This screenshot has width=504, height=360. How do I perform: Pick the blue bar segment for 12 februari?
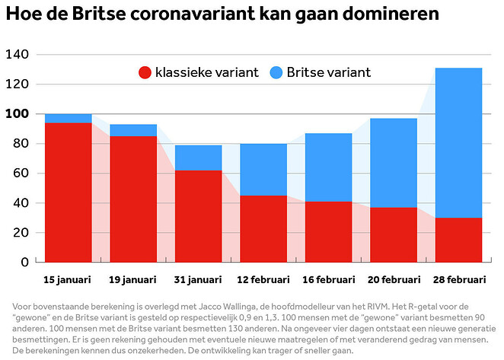[263, 170]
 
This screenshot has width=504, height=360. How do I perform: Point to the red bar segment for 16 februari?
[329, 231]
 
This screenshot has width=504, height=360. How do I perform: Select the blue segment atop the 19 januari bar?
[133, 130]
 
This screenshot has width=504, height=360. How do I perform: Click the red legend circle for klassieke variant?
[145, 73]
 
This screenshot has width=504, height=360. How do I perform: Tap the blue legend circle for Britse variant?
[275, 73]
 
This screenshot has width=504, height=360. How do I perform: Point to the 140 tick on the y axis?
[16, 55]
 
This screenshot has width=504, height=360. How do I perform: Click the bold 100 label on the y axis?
[16, 114]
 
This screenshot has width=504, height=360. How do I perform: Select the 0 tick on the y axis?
[24, 262]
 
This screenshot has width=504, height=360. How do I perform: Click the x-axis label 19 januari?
[133, 280]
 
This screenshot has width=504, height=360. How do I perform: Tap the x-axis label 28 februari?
[458, 280]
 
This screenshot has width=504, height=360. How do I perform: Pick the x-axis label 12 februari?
[263, 280]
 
